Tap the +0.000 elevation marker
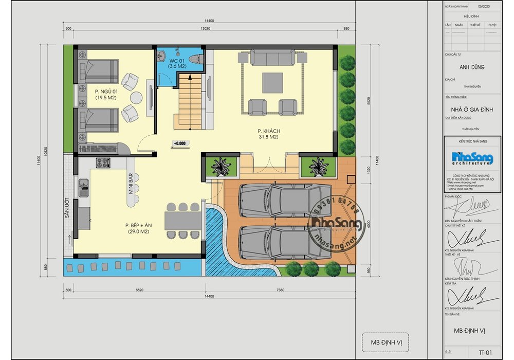coord(179,143)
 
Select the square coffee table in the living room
coord(272,82)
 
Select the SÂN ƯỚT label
coord(67,208)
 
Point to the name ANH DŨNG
coord(471,67)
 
